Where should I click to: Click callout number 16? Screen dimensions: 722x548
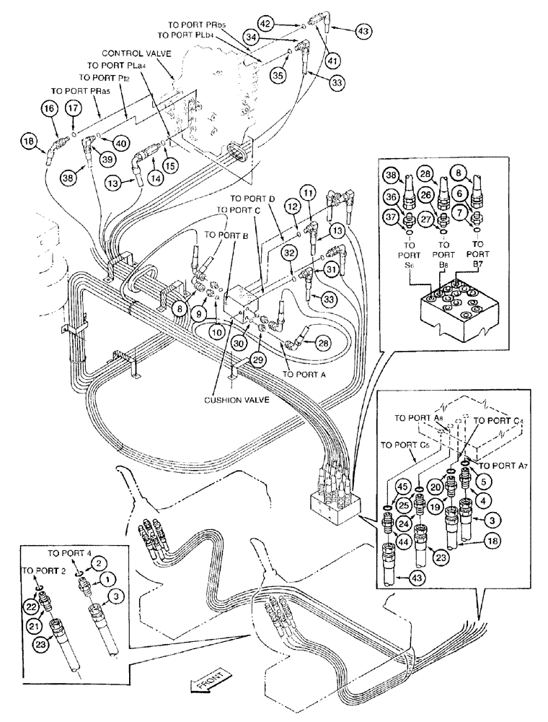pyautogui.click(x=49, y=108)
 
